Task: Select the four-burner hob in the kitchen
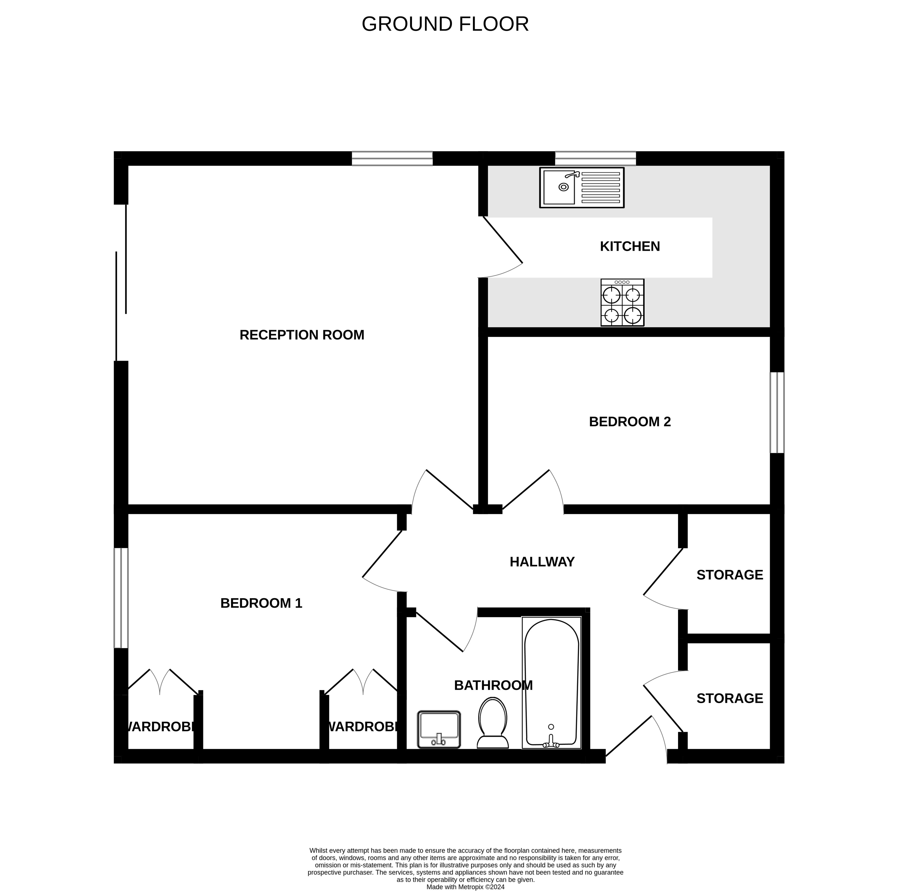pos(622,303)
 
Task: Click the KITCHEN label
pos(630,246)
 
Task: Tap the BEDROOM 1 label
pos(261,603)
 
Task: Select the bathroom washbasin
pos(439,729)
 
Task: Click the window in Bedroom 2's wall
pos(777,412)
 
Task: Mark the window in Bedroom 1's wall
pos(121,598)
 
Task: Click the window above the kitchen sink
pos(596,158)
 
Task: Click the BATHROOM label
pos(493,685)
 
